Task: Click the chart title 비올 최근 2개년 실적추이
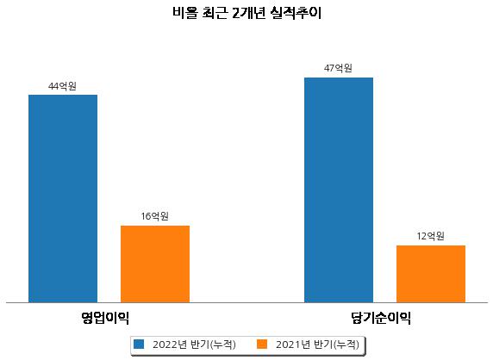point(246,13)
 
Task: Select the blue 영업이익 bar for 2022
point(63,199)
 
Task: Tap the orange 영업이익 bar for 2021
point(155,264)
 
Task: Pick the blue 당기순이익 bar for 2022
point(339,190)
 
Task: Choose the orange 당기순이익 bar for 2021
point(431,274)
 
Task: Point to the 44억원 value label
point(62,86)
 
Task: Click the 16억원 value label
point(154,216)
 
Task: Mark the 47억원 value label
point(338,68)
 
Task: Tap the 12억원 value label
point(430,236)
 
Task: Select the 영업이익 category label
point(105,318)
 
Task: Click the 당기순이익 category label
point(381,318)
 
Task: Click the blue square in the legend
point(139,344)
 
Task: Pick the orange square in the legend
point(262,344)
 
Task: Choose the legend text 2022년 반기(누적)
point(194,344)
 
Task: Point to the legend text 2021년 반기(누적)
point(317,344)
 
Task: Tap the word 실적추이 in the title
point(296,13)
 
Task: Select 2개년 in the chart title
point(249,13)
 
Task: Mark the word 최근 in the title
point(215,13)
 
